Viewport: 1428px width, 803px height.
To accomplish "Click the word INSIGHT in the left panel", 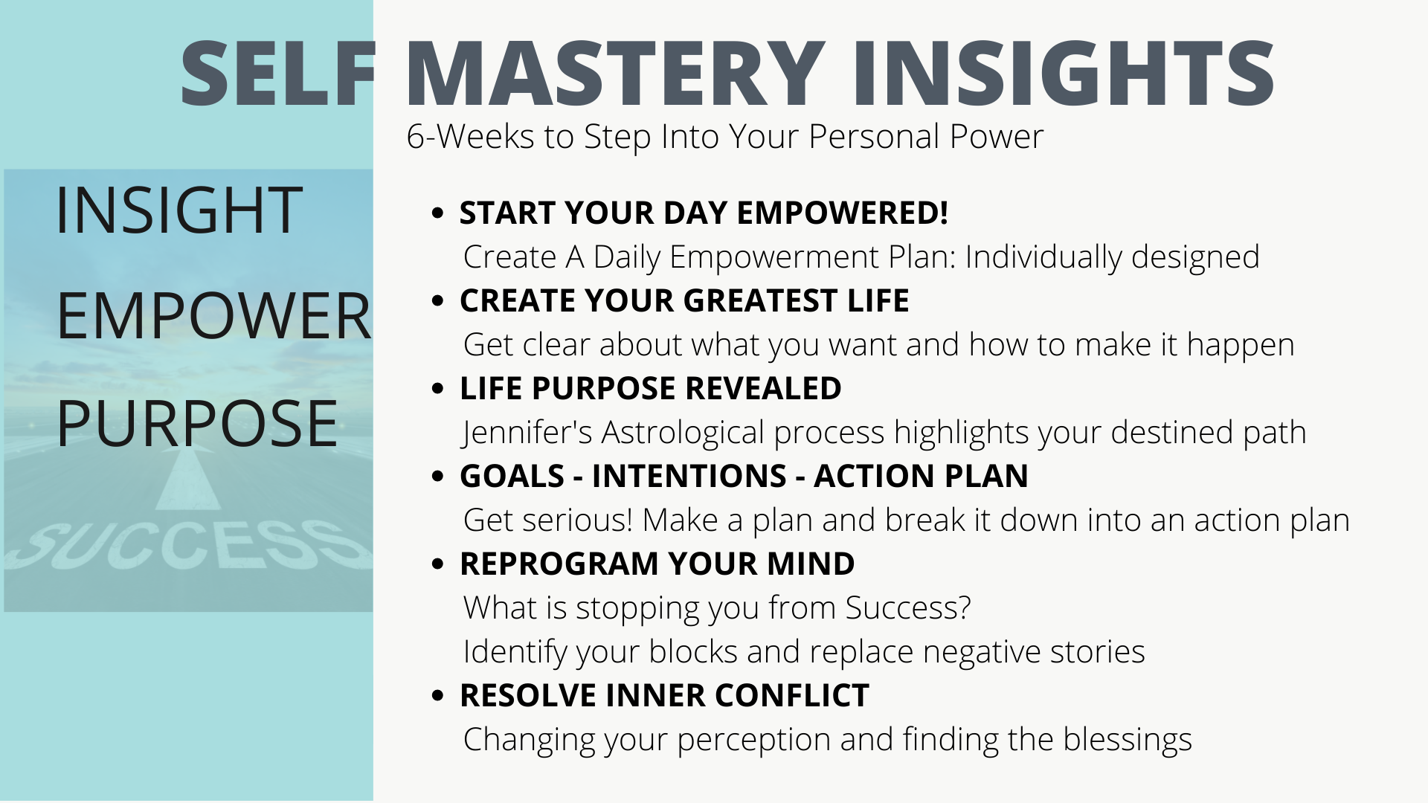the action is coord(178,210).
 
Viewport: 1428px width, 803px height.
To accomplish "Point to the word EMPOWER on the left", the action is coord(213,316).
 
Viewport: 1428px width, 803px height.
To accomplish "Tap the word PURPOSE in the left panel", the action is coord(197,423).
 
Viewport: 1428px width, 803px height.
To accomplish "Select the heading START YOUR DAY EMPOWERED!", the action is coord(704,213).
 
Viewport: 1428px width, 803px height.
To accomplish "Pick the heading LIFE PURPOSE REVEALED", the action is coord(651,388).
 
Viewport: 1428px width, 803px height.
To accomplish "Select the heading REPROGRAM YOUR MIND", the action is coord(657,564).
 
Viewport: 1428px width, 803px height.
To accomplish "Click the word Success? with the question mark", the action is coord(908,607).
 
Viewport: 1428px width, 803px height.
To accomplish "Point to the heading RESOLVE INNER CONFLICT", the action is coord(665,695).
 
